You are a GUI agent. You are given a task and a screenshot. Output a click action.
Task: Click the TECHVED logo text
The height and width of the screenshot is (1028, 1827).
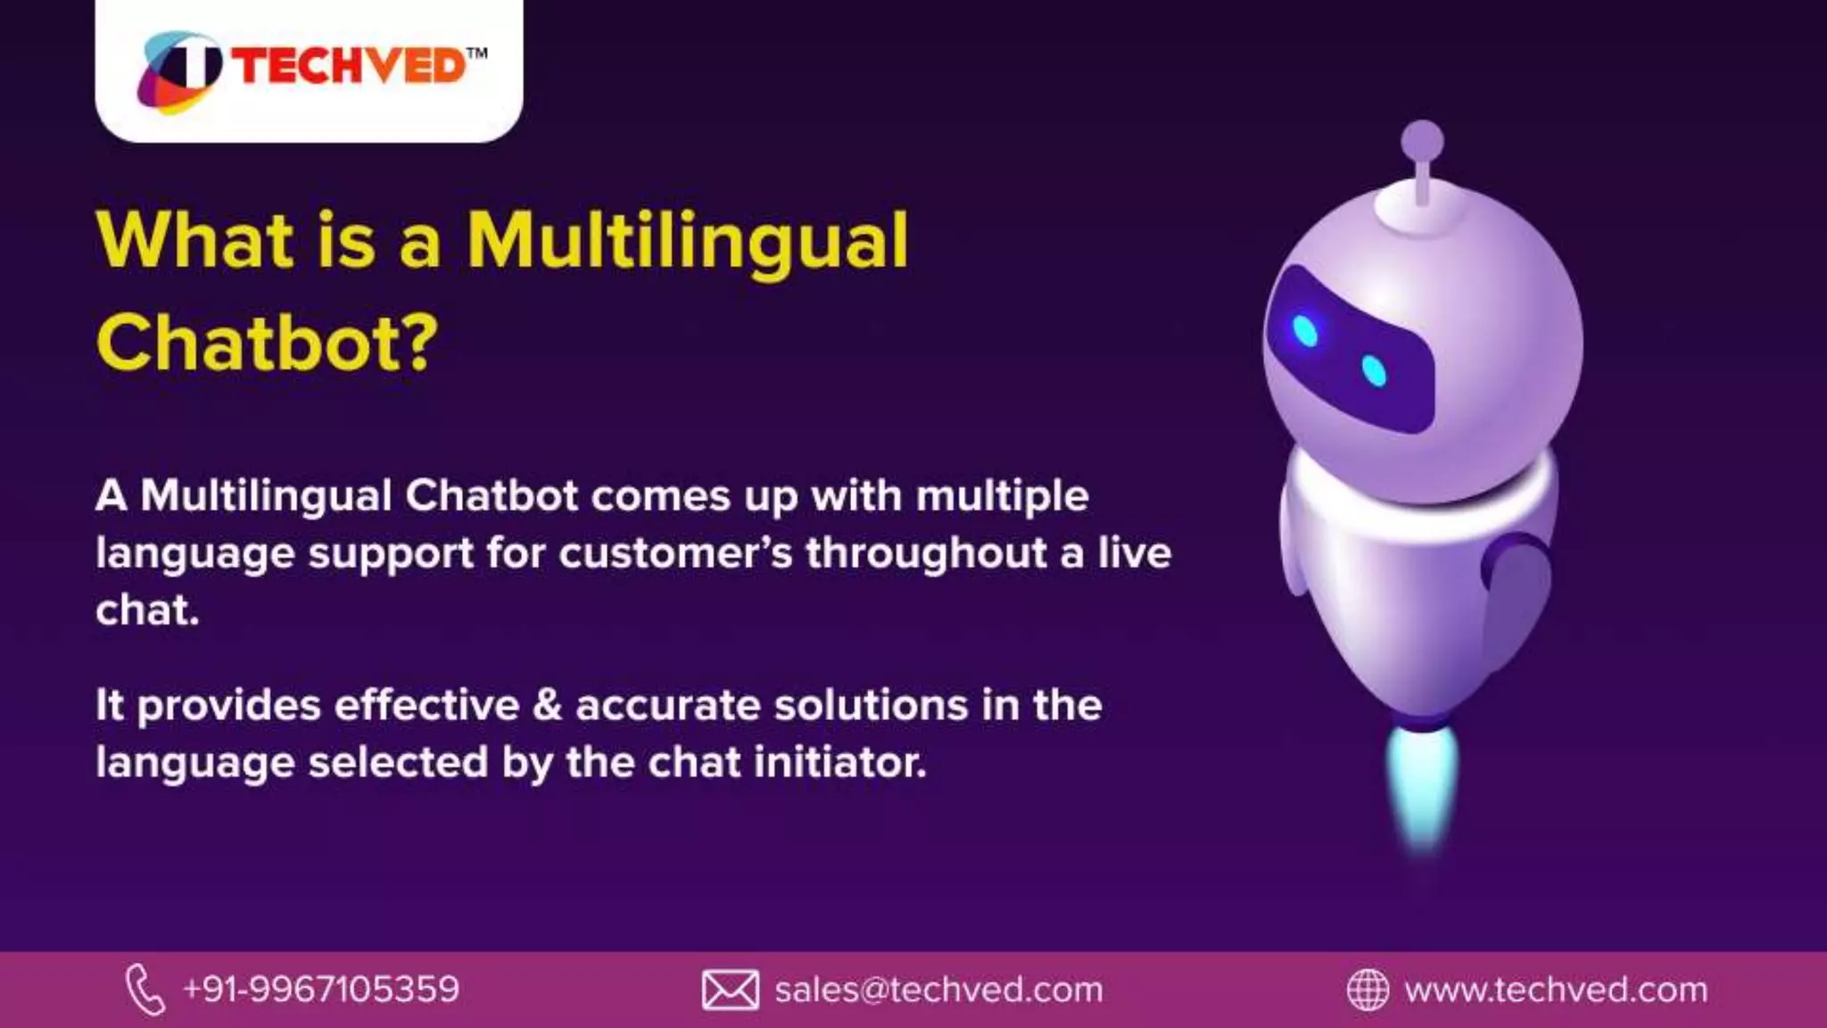pyautogui.click(x=350, y=67)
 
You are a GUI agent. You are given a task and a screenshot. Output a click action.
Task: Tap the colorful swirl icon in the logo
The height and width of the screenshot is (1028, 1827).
pyautogui.click(x=178, y=71)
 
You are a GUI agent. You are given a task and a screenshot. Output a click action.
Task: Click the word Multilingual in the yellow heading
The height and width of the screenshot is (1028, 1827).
pyautogui.click(x=687, y=241)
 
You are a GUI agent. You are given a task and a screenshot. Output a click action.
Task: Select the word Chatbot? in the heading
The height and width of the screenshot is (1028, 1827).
pyautogui.click(x=268, y=344)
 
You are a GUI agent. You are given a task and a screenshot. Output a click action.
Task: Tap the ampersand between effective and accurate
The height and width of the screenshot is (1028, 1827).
pyautogui.click(x=547, y=705)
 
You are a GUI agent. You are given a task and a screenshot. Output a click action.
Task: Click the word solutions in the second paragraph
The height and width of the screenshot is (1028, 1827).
pyautogui.click(x=870, y=705)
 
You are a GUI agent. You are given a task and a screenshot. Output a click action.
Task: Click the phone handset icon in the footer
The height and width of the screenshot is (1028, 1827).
pyautogui.click(x=145, y=989)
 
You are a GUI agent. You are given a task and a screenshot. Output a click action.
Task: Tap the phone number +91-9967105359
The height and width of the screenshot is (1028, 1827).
pyautogui.click(x=321, y=989)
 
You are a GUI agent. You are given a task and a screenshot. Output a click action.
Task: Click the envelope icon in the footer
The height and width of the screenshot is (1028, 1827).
pyautogui.click(x=730, y=990)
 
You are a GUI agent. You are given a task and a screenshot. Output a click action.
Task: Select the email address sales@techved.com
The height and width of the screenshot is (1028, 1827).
pyautogui.click(x=938, y=990)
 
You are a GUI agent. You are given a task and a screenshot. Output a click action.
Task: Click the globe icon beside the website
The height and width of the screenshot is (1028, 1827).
pyautogui.click(x=1367, y=990)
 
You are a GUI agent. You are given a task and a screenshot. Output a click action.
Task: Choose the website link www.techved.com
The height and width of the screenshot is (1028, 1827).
pyautogui.click(x=1556, y=990)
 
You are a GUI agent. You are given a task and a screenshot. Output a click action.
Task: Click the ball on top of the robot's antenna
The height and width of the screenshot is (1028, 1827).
pyautogui.click(x=1422, y=141)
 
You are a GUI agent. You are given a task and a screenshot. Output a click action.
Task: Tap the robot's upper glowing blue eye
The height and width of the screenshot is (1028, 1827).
pyautogui.click(x=1305, y=331)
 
